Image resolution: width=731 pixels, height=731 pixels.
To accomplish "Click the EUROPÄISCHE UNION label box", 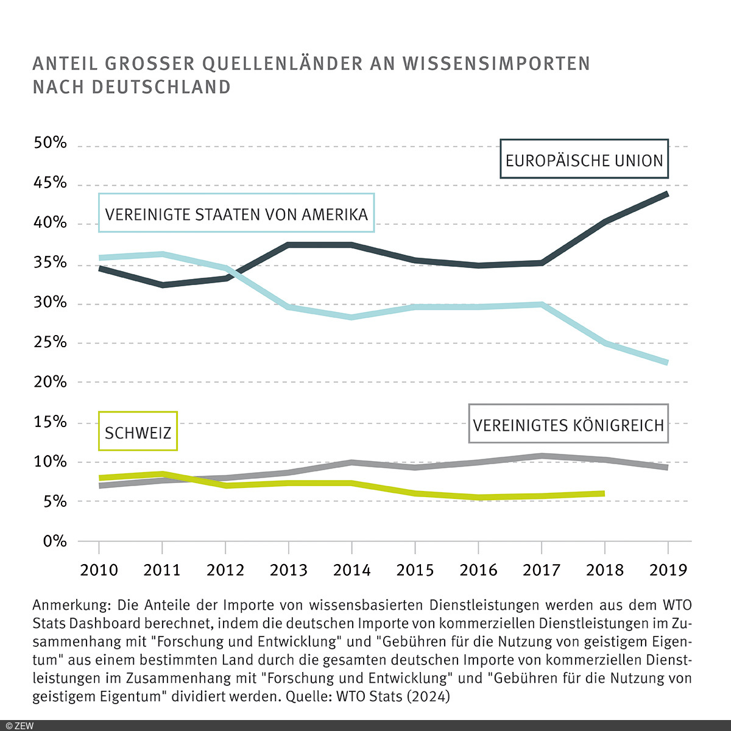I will coord(584,160).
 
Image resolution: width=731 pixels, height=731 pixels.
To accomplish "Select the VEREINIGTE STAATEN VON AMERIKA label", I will coord(236,214).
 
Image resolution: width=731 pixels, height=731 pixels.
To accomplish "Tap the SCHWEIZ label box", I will coord(138,432).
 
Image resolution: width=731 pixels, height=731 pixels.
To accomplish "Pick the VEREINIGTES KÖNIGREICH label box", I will coord(568,424).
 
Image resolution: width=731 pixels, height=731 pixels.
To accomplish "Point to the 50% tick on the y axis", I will coord(50,144).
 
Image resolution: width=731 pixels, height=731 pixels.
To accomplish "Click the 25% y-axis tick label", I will coord(50,342).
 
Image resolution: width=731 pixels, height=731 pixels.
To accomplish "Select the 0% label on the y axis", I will coord(54,541).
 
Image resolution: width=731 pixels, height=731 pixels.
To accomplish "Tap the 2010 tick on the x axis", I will coord(99,570).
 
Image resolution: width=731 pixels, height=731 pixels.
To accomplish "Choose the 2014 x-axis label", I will coord(351,570).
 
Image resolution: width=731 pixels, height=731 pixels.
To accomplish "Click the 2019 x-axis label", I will coord(668,570).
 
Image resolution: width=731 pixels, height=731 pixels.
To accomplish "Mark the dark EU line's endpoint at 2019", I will coord(667,194).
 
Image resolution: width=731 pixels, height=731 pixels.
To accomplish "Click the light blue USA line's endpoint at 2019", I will coord(667,362).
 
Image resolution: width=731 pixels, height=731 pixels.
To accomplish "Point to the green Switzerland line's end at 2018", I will coord(603,493).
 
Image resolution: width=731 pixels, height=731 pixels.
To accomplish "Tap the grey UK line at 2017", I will coord(542,456).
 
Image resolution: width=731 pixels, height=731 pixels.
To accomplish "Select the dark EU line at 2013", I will coord(289,245).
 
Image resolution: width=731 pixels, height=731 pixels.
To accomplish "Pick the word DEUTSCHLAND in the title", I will coord(161,87).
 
